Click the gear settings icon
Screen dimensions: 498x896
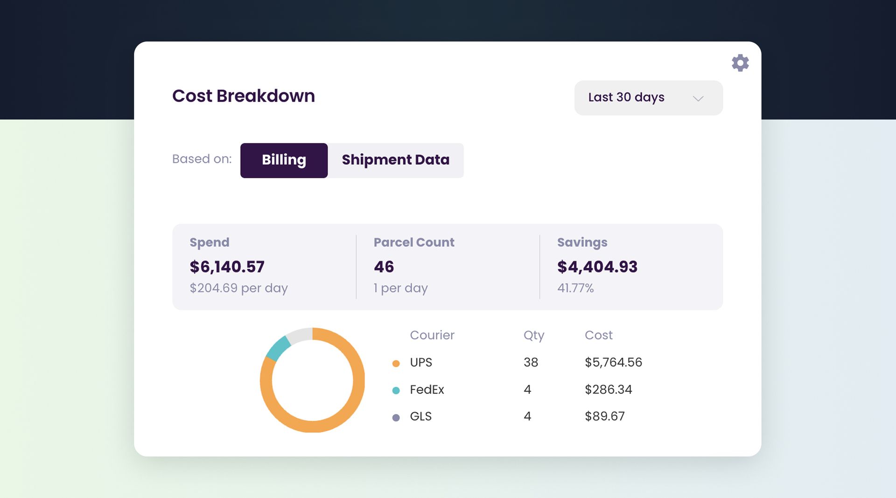coord(740,63)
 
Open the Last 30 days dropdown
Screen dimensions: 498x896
coord(648,98)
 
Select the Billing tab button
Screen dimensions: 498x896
coord(284,160)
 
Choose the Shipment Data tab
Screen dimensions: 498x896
coord(395,160)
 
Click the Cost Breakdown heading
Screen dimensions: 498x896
coord(243,96)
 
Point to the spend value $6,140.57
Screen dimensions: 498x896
coord(227,267)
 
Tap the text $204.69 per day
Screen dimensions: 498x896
coord(238,288)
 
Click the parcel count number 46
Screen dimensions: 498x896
coord(384,267)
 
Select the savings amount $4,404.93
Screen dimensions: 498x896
coord(597,267)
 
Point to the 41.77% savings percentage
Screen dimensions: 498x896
coord(575,288)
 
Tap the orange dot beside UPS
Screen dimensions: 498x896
coord(396,364)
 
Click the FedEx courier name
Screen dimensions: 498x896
coord(427,389)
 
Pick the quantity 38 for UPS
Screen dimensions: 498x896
coord(531,362)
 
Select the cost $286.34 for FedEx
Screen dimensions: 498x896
coord(608,389)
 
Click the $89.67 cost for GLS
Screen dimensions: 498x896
coord(604,416)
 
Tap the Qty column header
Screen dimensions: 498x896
coord(533,335)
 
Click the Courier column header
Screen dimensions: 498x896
coord(432,335)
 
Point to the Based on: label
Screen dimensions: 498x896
coord(202,159)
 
